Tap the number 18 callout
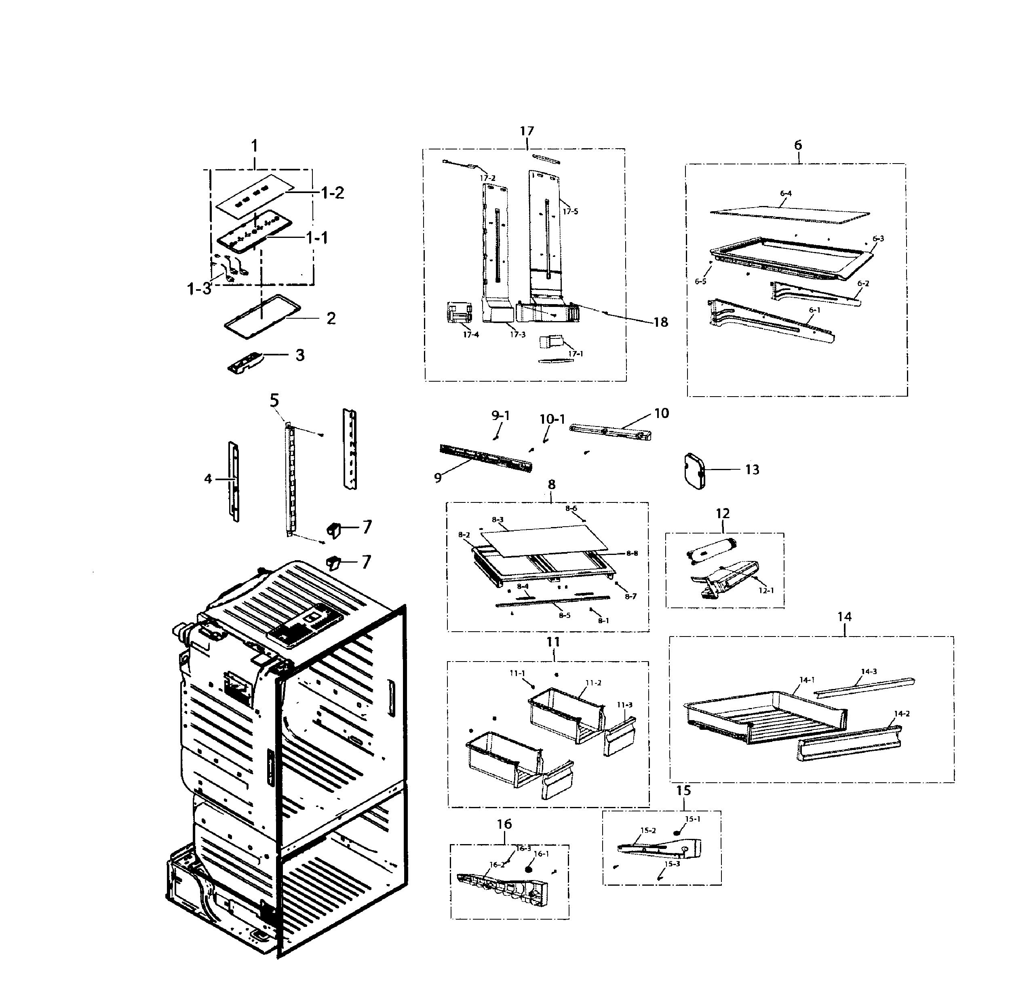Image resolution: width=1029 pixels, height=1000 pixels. click(660, 322)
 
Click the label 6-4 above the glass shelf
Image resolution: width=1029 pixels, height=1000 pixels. click(786, 193)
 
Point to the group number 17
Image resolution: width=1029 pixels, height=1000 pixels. click(527, 131)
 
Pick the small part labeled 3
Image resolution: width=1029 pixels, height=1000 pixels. click(245, 362)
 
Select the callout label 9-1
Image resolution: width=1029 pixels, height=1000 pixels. click(500, 416)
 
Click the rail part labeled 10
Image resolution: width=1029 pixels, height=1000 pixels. click(609, 432)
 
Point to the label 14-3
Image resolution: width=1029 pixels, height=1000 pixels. click(869, 671)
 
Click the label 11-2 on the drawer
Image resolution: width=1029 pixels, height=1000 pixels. click(593, 683)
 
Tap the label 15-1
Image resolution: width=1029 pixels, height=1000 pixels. click(692, 819)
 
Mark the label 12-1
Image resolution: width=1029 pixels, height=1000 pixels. click(766, 590)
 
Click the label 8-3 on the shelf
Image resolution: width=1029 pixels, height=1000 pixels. click(498, 519)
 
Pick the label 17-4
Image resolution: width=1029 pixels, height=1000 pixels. click(470, 334)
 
